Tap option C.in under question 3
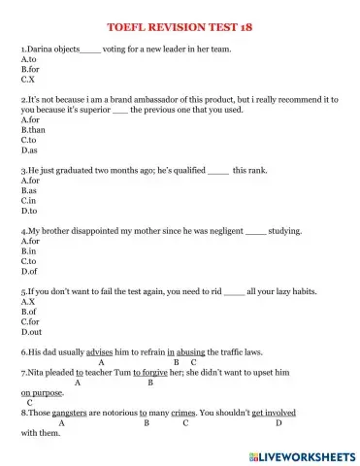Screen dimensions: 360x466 tap(29, 200)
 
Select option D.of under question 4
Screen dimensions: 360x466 tap(29, 271)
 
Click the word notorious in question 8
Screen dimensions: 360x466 tap(122, 413)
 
